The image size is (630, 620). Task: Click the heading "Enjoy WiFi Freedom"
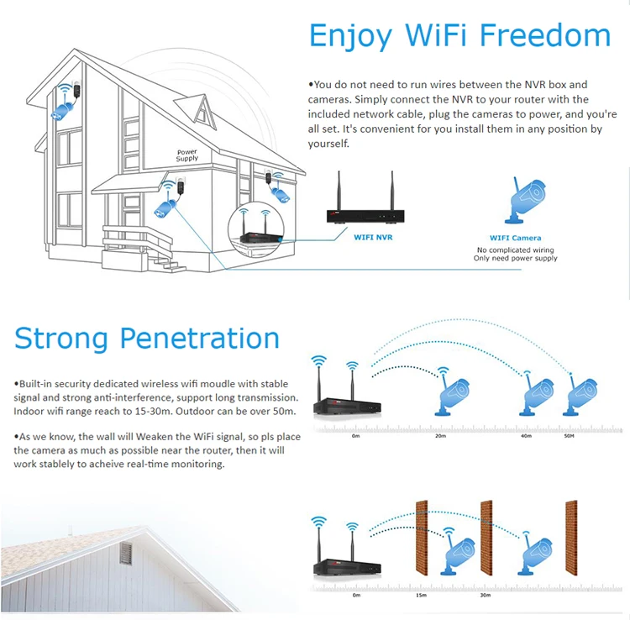point(459,35)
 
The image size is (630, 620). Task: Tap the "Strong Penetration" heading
point(147,338)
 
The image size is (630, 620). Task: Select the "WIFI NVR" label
point(372,238)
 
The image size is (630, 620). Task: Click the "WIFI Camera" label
point(515,238)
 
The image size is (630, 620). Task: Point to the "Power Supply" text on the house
point(187,155)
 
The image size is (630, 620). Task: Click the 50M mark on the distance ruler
point(569,437)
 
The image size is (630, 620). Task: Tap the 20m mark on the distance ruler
point(442,437)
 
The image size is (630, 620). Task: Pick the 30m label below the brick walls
point(485,595)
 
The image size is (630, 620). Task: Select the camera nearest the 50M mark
point(580,393)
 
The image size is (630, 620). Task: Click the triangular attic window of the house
point(202,108)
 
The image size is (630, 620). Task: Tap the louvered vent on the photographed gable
point(126,554)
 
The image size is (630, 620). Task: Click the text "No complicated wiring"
point(515,250)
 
